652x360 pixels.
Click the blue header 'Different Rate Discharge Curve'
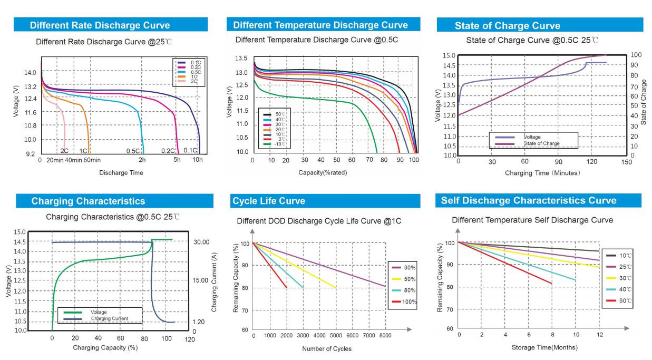(100, 25)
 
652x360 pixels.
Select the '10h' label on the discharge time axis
(197, 160)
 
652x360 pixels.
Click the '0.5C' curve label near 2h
(133, 151)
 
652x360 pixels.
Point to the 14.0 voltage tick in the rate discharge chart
(30, 73)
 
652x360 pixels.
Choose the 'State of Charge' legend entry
(541, 143)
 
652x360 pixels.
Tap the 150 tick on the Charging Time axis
(626, 162)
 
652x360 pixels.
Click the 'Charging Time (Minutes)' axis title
(542, 173)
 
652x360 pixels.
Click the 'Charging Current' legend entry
(109, 318)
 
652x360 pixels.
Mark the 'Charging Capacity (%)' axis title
(105, 347)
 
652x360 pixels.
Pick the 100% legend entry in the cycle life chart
(409, 302)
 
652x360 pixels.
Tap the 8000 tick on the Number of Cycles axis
(385, 335)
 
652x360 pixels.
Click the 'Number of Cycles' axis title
(326, 348)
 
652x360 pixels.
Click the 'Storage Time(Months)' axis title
(544, 347)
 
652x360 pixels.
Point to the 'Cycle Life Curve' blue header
(269, 201)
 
